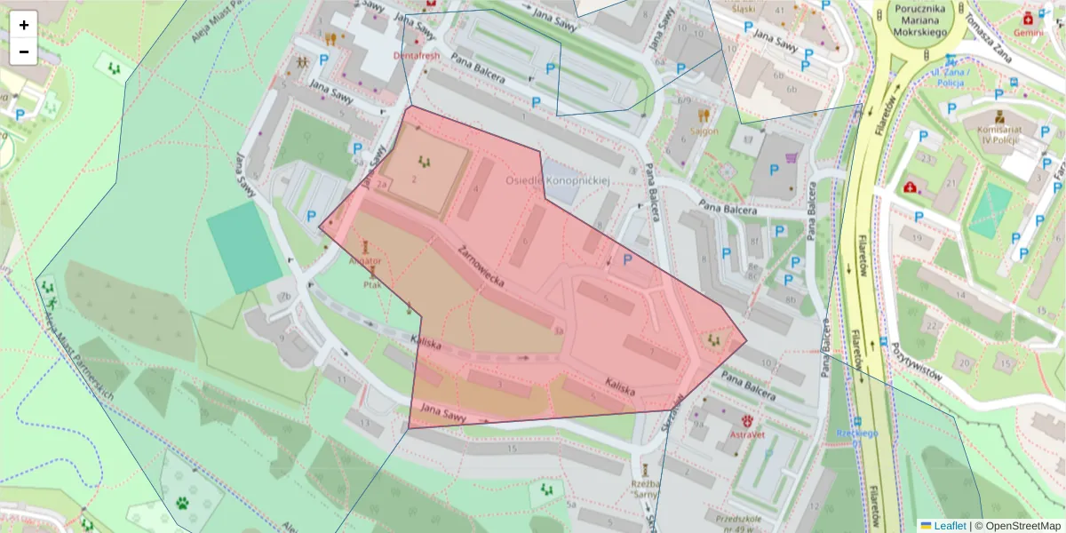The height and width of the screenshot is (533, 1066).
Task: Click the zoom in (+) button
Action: point(24,25)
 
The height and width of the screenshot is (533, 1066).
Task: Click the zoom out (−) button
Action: point(24,52)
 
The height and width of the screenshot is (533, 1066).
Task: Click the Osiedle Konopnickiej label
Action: point(558,180)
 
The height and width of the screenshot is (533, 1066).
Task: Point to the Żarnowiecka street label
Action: point(482,266)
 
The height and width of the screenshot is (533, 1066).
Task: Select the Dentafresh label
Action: point(416,54)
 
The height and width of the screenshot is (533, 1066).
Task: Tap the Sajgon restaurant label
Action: point(704,131)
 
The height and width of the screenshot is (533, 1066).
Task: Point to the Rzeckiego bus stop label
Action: point(856,434)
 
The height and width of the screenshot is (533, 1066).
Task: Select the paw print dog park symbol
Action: point(184,502)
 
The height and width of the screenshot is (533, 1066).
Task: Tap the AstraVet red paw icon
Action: point(747,420)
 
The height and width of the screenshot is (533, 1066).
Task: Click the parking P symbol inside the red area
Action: point(628,259)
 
